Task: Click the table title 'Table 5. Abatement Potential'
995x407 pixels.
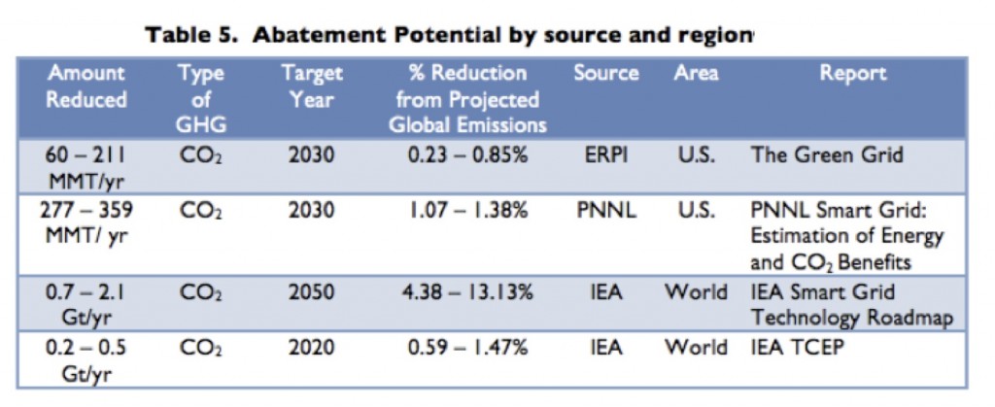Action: (449, 36)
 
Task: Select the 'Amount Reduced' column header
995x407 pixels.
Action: (87, 86)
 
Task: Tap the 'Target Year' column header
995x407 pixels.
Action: (312, 86)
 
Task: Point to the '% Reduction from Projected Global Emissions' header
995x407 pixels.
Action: (467, 99)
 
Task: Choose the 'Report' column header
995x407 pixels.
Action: (852, 74)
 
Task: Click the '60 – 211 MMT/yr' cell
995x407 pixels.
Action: (87, 166)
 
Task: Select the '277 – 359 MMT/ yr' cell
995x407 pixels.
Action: (87, 222)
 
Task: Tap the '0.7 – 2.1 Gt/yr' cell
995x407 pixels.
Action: (87, 304)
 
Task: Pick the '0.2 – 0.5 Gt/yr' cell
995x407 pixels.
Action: (87, 360)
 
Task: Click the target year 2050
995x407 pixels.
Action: (312, 292)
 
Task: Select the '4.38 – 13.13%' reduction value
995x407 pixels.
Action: (467, 292)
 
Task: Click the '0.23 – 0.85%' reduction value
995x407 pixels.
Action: (467, 154)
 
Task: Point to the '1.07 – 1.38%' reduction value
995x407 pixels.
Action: (467, 211)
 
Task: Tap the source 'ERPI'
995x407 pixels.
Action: (605, 154)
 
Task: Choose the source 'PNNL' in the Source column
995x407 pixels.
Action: (605, 211)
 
